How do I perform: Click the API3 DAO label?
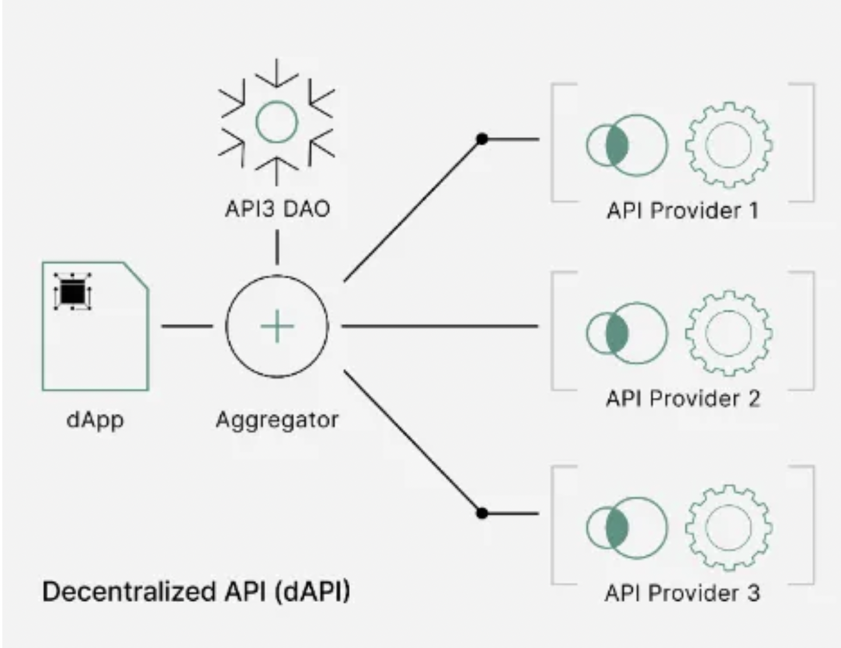pyautogui.click(x=277, y=208)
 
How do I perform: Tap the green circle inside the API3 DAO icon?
pyautogui.click(x=277, y=121)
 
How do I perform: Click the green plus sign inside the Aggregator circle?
pyautogui.click(x=277, y=326)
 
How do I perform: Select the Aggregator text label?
pyautogui.click(x=277, y=420)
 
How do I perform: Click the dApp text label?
pyautogui.click(x=95, y=419)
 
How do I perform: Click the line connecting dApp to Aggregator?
pyautogui.click(x=187, y=326)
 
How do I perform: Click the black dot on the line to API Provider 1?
pyautogui.click(x=482, y=139)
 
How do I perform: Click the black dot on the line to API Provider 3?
pyautogui.click(x=482, y=513)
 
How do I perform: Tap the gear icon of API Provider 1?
pyautogui.click(x=728, y=145)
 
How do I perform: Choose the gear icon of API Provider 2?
pyautogui.click(x=728, y=333)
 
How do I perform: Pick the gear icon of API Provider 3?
pyautogui.click(x=728, y=527)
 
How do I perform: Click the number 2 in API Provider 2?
pyautogui.click(x=753, y=399)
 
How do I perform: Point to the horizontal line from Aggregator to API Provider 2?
pyautogui.click(x=438, y=326)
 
